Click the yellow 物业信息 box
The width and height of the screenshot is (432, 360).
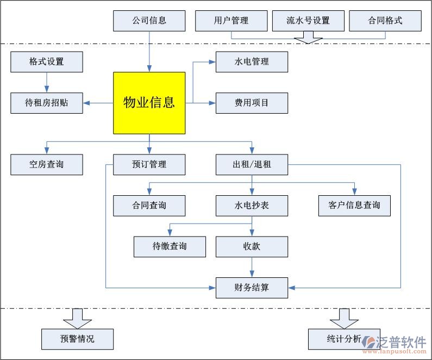(x=149, y=102)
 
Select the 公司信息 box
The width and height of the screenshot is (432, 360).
(x=149, y=21)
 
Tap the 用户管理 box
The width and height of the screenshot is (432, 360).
(x=231, y=21)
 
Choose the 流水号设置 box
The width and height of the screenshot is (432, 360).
(x=308, y=21)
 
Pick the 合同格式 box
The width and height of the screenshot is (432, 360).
(x=385, y=21)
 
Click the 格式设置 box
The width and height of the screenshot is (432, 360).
(x=47, y=61)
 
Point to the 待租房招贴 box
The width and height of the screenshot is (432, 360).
(x=47, y=103)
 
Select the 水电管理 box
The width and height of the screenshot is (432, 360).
(x=252, y=61)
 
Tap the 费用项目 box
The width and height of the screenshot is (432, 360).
(x=252, y=103)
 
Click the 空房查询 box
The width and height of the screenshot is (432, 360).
(x=47, y=164)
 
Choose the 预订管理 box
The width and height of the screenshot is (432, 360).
(x=149, y=164)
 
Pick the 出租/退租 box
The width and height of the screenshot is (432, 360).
(x=252, y=164)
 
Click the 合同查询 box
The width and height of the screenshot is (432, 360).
(x=149, y=206)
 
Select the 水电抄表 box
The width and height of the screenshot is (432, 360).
(x=252, y=206)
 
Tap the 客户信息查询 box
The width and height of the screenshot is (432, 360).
(x=354, y=206)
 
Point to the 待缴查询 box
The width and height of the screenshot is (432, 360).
(x=170, y=246)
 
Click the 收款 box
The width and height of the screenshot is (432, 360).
(x=252, y=246)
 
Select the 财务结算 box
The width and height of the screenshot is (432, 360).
(x=252, y=288)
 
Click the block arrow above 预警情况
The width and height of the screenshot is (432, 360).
(x=78, y=318)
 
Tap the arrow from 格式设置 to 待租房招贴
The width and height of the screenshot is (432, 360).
(x=47, y=82)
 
